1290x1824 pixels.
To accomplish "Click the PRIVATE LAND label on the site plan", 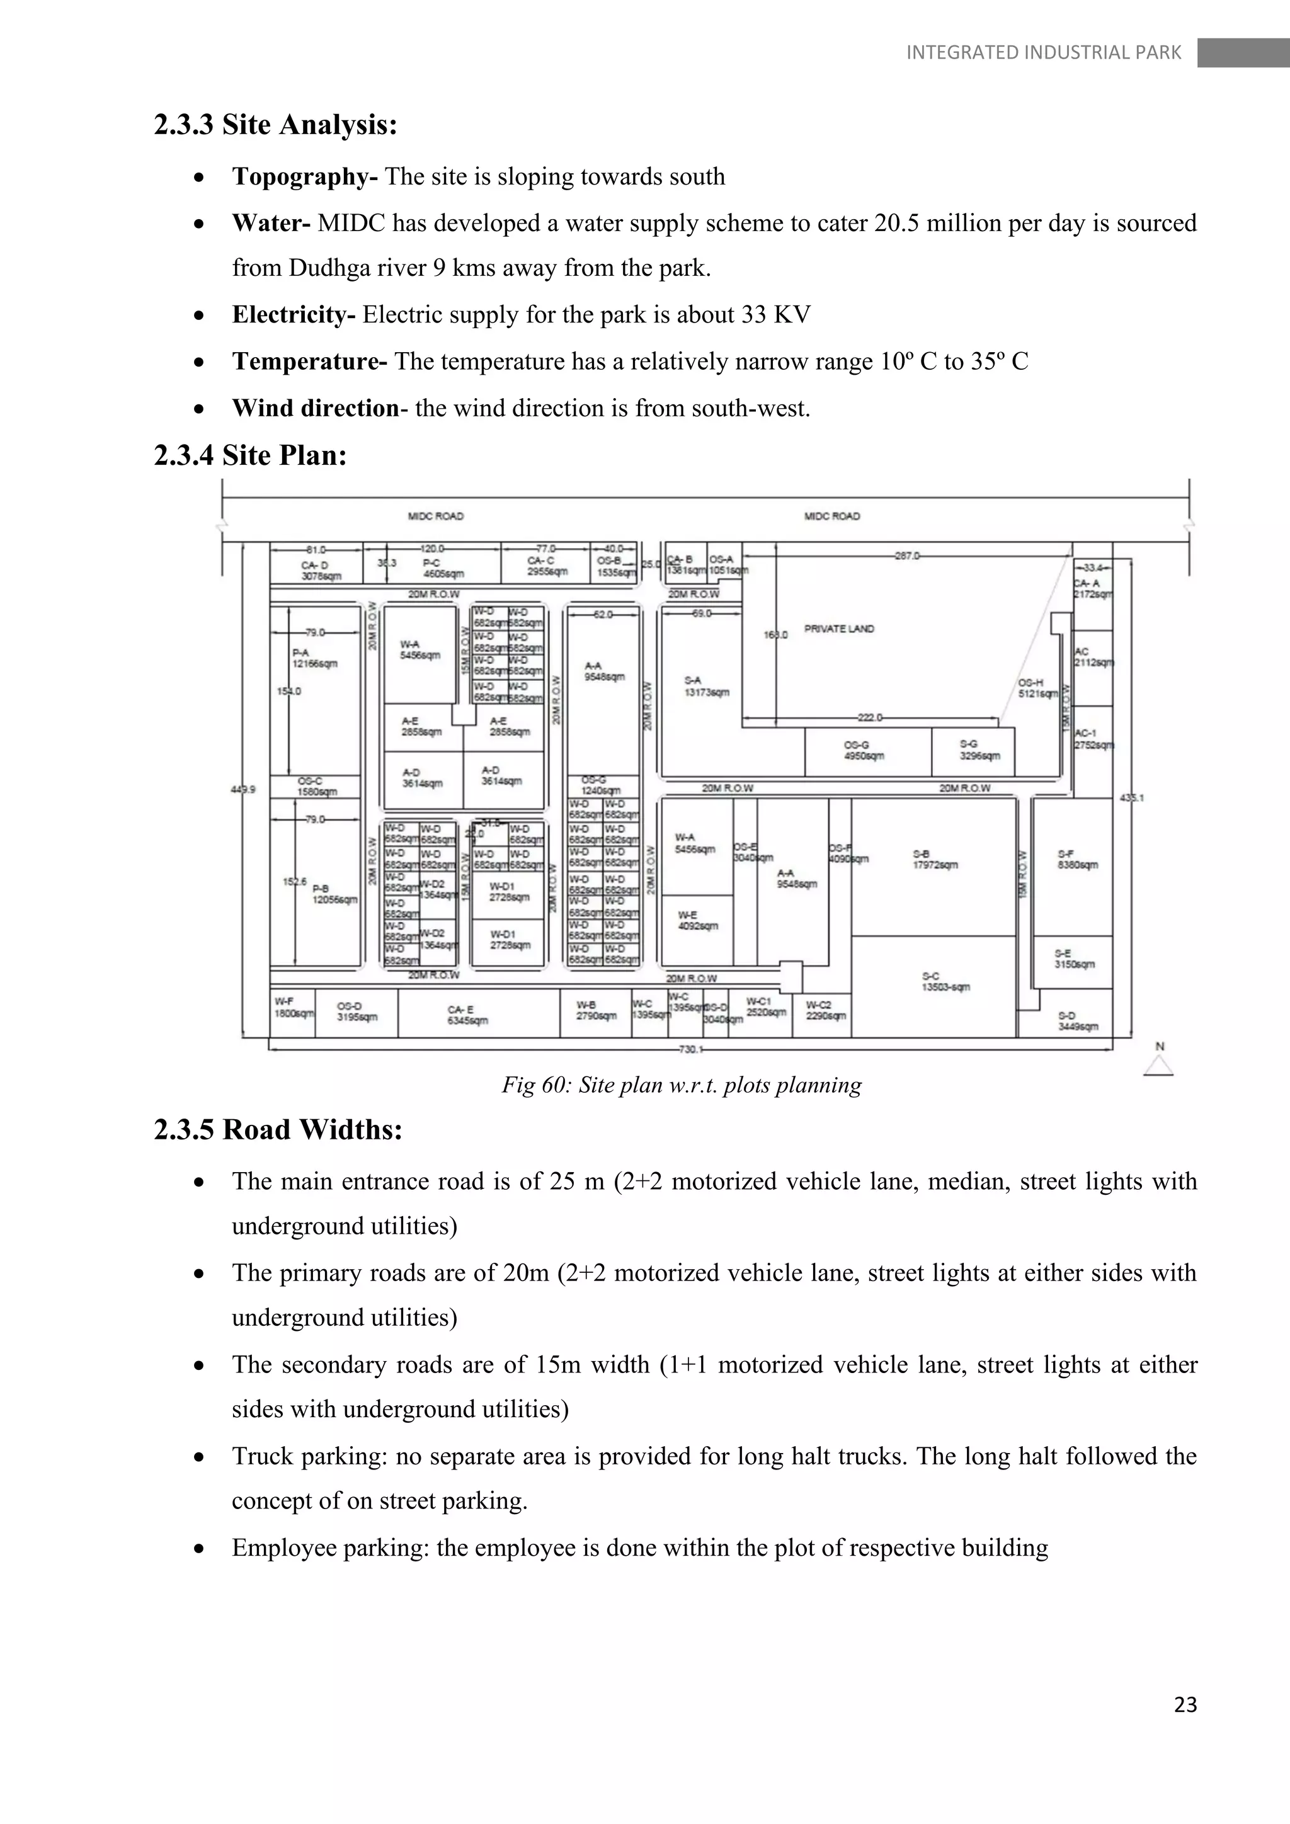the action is [x=839, y=629].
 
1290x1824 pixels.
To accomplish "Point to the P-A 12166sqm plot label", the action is [x=314, y=658].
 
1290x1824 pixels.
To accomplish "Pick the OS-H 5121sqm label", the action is [x=1037, y=688].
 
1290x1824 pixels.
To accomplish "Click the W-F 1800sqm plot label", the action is [x=293, y=1007].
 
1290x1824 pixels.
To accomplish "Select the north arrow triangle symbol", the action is [x=1159, y=1066].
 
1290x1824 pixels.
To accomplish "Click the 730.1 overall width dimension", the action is [x=690, y=1049].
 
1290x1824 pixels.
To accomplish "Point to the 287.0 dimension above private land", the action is [x=906, y=556].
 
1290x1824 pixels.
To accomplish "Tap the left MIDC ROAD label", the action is [x=435, y=516].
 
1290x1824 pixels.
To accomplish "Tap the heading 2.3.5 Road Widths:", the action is [x=278, y=1130].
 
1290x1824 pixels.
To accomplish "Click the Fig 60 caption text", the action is [x=681, y=1085].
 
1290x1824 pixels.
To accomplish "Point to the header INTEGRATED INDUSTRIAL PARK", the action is [x=1043, y=52].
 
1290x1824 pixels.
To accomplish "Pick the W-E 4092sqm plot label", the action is [x=697, y=920].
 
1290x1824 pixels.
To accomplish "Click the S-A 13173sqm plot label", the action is [x=706, y=687].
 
